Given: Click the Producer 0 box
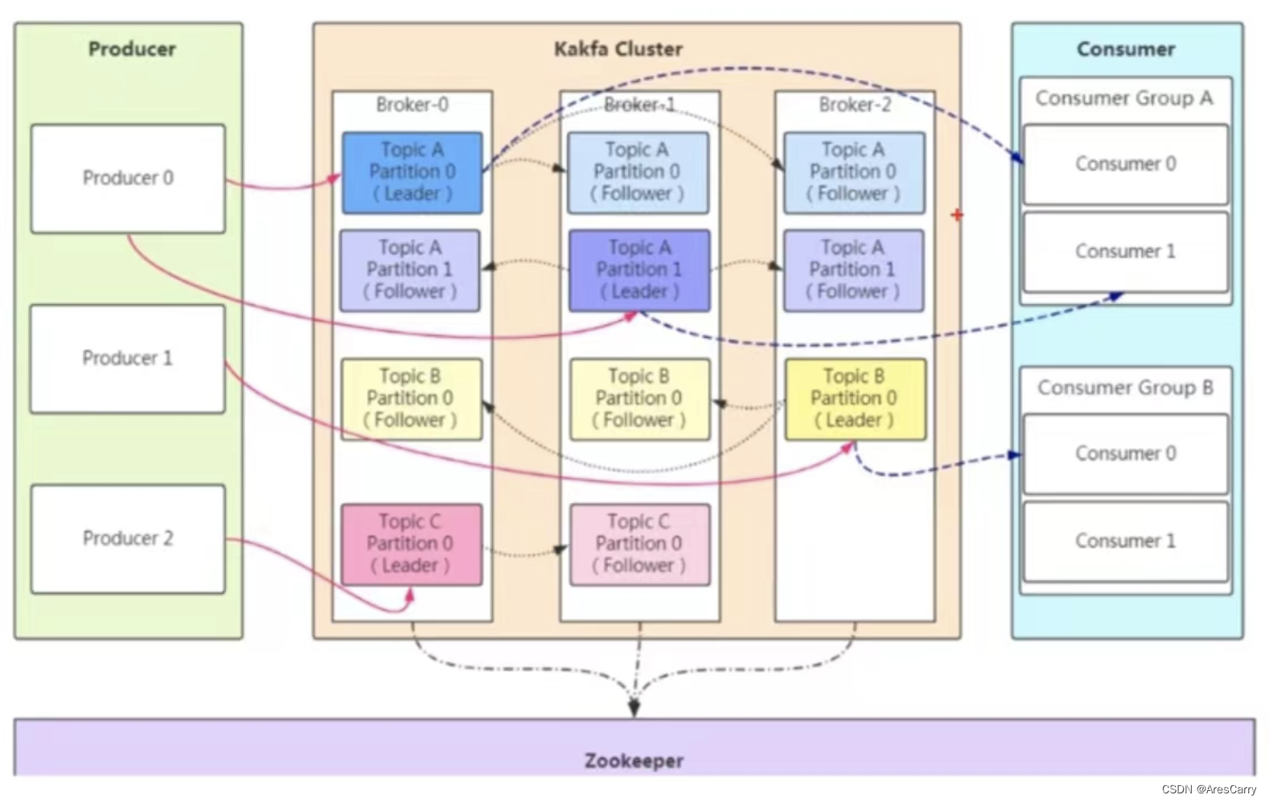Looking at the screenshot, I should pyautogui.click(x=128, y=178).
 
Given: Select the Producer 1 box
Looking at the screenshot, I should pyautogui.click(x=128, y=358).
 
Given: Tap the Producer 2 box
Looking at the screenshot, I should pyautogui.click(x=128, y=538).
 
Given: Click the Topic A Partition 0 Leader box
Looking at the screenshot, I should pyautogui.click(x=412, y=172).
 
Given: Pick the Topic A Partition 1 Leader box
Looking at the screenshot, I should pyautogui.click(x=639, y=270).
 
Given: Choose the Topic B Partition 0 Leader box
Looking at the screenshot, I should pyautogui.click(x=855, y=399).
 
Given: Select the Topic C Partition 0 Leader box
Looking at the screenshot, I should pyautogui.click(x=411, y=544).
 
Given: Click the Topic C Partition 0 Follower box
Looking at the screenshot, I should pyautogui.click(x=639, y=544).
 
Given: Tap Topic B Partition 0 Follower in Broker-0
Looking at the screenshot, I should pyautogui.click(x=411, y=399).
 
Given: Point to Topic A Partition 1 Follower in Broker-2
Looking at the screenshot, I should pyautogui.click(x=853, y=270).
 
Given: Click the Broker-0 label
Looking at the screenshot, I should pyautogui.click(x=412, y=105).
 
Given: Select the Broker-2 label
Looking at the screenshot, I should pyautogui.click(x=855, y=105).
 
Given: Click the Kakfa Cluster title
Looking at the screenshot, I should pyautogui.click(x=618, y=49).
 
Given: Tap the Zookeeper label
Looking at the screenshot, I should pyautogui.click(x=634, y=760).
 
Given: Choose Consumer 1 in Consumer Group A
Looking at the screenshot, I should pyautogui.click(x=1125, y=252).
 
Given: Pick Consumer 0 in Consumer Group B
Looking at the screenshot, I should pyautogui.click(x=1125, y=454).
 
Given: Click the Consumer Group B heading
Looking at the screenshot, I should pyautogui.click(x=1125, y=388).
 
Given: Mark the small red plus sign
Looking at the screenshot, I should pyautogui.click(x=956, y=215).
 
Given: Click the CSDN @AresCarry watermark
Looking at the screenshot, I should pyautogui.click(x=1208, y=789).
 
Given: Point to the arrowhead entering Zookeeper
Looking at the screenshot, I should pyautogui.click(x=634, y=708).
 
